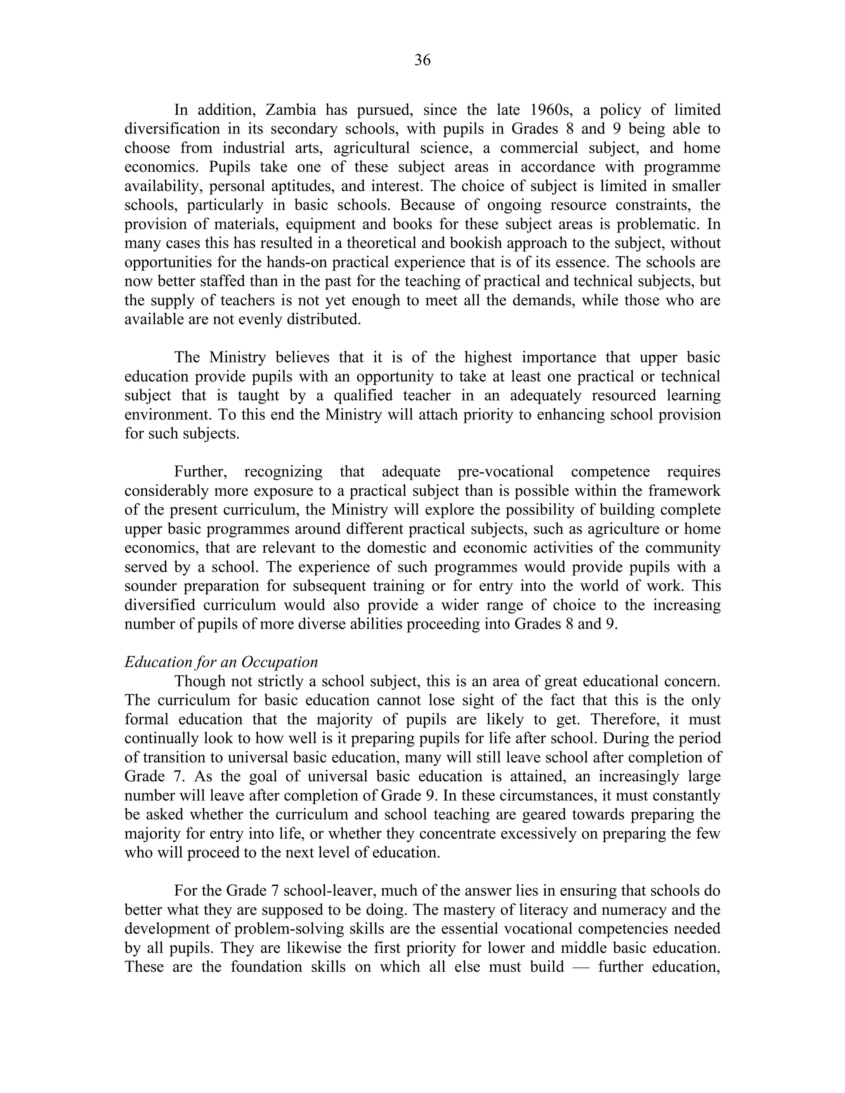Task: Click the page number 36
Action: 422,61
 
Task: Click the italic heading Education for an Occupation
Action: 221,662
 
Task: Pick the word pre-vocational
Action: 505,471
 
